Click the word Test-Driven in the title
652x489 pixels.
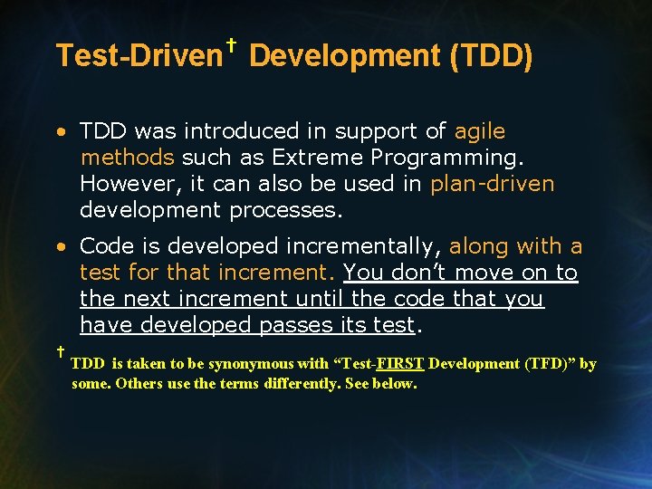139,56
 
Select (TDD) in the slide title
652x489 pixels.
491,56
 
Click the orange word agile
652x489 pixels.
480,131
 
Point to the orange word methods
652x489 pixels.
127,158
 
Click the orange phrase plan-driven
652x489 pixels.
492,184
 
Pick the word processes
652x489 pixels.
287,210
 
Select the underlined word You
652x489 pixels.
361,272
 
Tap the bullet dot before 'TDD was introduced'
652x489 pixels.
59,132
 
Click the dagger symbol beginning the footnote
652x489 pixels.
59,350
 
